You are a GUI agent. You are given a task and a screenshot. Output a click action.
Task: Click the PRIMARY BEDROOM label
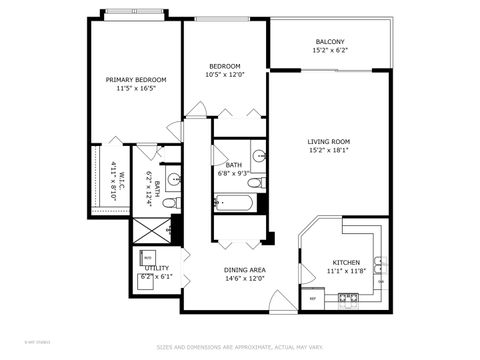point(136,79)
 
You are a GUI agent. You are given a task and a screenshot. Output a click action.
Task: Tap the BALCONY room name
point(329,42)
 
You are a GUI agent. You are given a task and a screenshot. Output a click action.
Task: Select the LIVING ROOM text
point(329,142)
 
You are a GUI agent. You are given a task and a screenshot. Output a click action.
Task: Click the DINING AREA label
point(244,270)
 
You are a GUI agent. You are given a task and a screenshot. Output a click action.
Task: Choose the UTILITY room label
point(157,268)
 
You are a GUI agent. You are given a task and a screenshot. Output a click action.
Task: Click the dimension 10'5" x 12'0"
point(224,75)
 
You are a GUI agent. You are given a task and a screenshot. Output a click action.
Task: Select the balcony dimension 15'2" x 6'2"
point(329,50)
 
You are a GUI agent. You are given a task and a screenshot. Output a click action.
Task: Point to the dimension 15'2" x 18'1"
point(329,151)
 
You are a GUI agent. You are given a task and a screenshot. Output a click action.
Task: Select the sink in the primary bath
point(173,180)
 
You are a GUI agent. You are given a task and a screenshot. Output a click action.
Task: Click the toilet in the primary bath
point(169,203)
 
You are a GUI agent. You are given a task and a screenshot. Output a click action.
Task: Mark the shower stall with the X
point(151,232)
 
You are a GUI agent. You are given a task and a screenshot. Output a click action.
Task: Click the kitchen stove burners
point(348,297)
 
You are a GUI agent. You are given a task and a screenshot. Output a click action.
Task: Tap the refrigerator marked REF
point(313,297)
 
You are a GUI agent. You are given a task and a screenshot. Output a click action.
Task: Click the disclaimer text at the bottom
point(241,347)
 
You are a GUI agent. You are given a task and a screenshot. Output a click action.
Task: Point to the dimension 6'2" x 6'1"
point(157,276)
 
